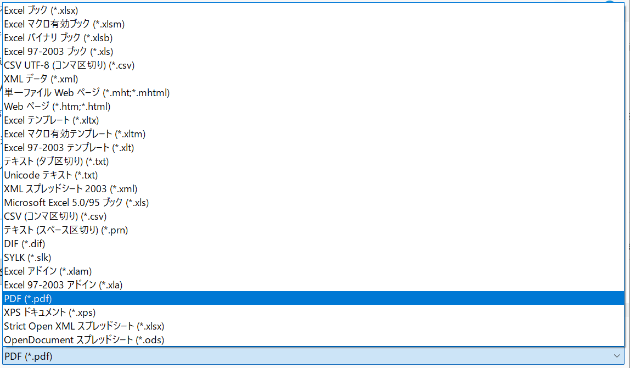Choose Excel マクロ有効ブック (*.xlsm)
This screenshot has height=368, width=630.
[64, 24]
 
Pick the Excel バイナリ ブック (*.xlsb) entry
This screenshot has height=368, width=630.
[58, 38]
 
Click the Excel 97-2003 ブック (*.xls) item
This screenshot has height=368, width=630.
[58, 52]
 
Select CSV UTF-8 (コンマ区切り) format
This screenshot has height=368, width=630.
[69, 65]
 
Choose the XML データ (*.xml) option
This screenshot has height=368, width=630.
[41, 79]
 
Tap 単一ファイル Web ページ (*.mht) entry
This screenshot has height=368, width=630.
[87, 93]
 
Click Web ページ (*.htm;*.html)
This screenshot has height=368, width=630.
[57, 107]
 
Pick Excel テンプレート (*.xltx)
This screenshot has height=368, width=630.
[52, 120]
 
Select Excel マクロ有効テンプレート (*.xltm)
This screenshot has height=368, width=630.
[75, 134]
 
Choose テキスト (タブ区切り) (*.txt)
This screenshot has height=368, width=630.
[57, 161]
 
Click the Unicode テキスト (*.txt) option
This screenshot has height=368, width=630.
[50, 175]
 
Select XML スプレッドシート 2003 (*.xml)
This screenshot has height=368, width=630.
[70, 189]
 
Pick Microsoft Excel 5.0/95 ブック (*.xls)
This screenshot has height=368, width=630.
[76, 203]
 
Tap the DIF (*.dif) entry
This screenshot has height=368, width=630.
[25, 244]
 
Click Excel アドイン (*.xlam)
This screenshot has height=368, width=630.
[48, 271]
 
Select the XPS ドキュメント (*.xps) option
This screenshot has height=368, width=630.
[50, 313]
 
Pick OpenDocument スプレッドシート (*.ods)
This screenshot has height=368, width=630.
[84, 340]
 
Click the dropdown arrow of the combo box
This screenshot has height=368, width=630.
[617, 356]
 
